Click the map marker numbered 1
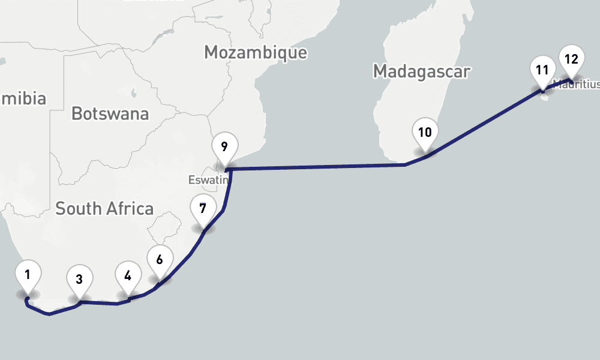pos(28,275)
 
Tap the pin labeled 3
pos(79,278)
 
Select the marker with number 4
pos(127,276)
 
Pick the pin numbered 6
pos(159,260)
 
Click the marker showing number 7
pos(203,209)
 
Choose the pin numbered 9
pos(224,146)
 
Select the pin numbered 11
pos(542,70)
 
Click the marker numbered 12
pos(571,59)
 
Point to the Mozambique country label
pos(256,52)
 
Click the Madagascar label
pos(421,71)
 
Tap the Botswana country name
pos(110,113)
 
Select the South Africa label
pos(104,209)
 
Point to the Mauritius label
pos(577,85)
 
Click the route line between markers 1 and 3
pos(51,313)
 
